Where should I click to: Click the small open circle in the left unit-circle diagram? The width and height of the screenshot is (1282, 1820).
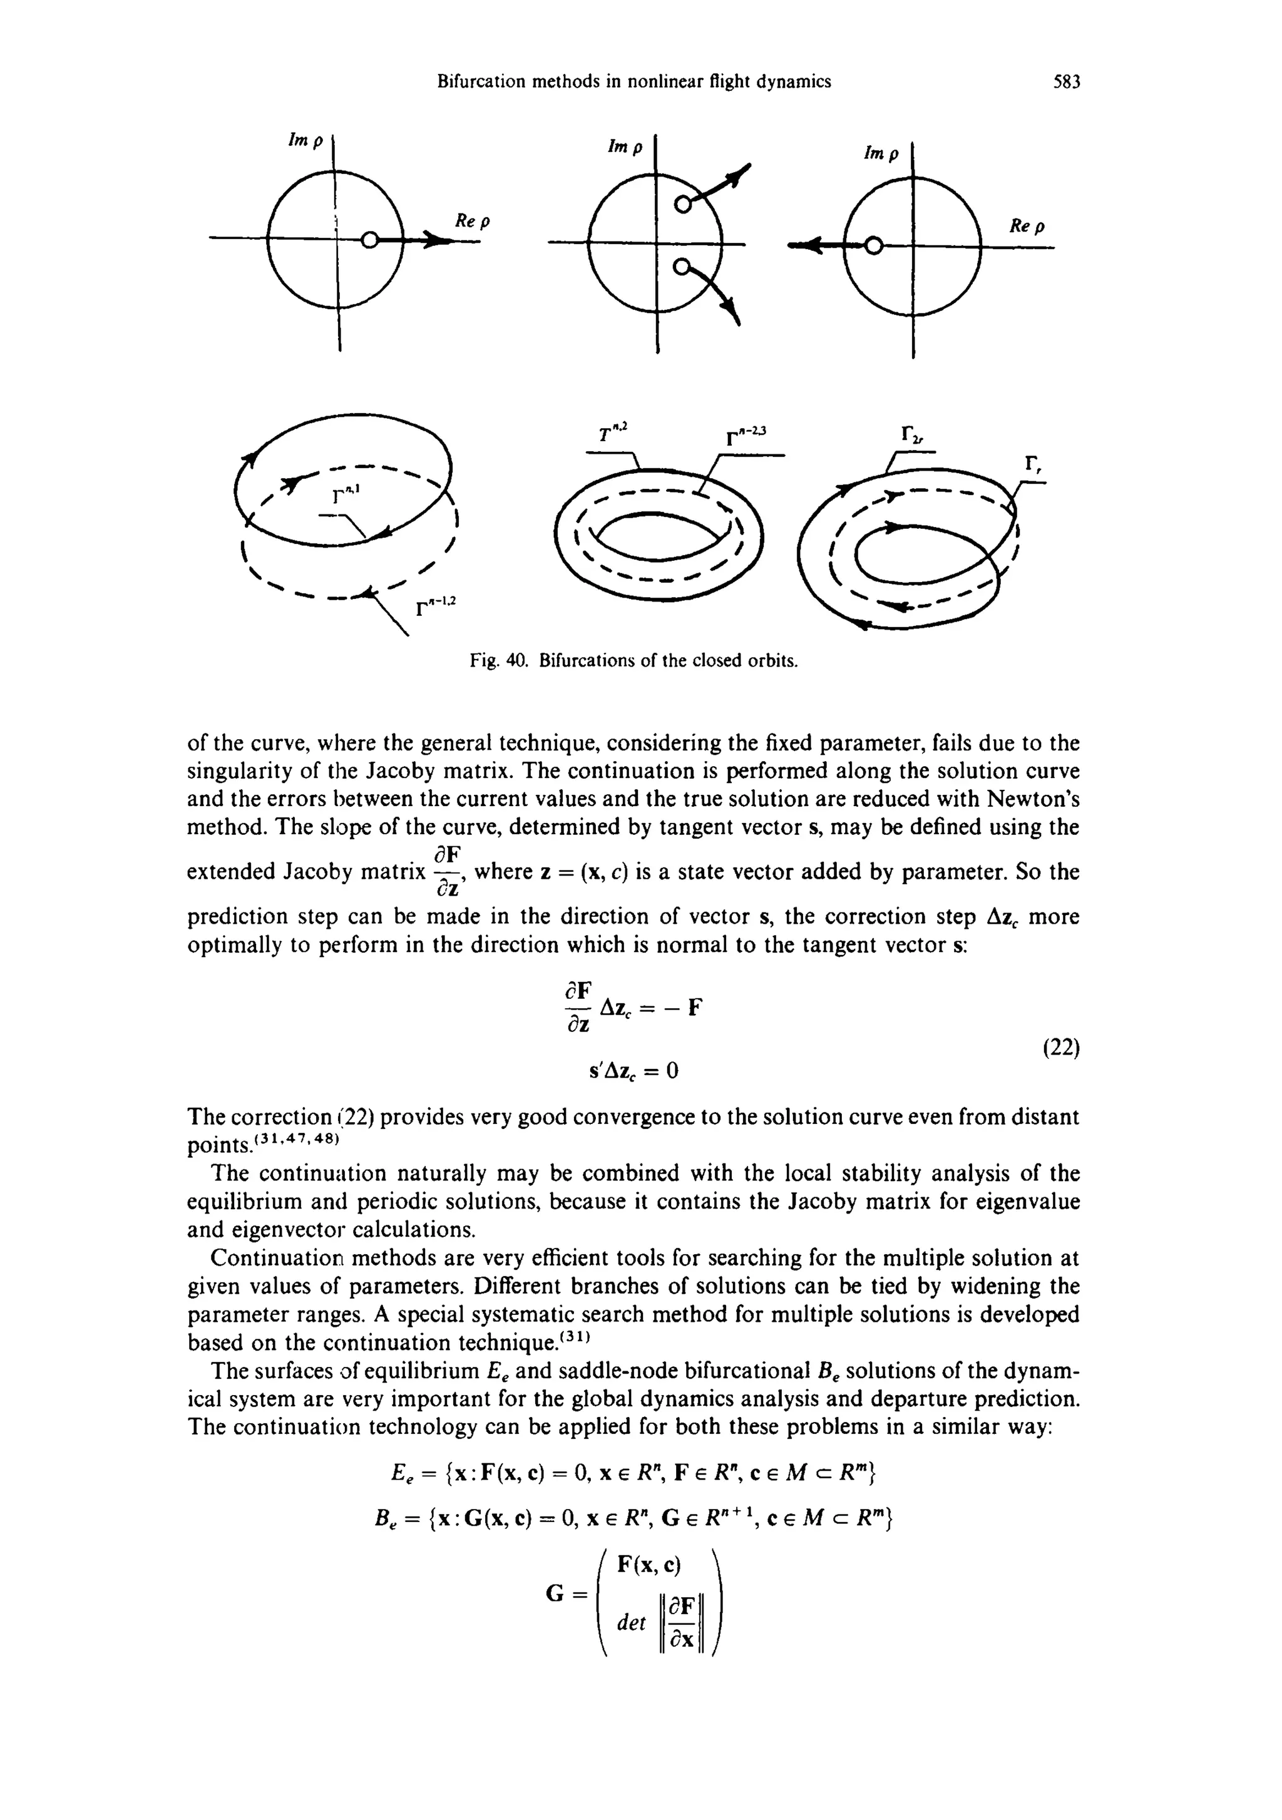pos(368,241)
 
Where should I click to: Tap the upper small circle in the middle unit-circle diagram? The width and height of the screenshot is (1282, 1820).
pos(680,205)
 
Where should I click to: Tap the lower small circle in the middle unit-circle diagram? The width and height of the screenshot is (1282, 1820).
pos(680,270)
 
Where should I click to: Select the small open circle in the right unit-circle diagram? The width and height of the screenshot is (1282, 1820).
pos(872,247)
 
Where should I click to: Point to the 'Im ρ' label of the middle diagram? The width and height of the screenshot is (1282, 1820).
pos(625,148)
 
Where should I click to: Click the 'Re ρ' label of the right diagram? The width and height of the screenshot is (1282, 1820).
pos(1027,226)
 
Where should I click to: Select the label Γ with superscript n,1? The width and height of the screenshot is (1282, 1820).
pos(345,496)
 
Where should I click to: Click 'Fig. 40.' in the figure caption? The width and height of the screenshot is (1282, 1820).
pos(500,660)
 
